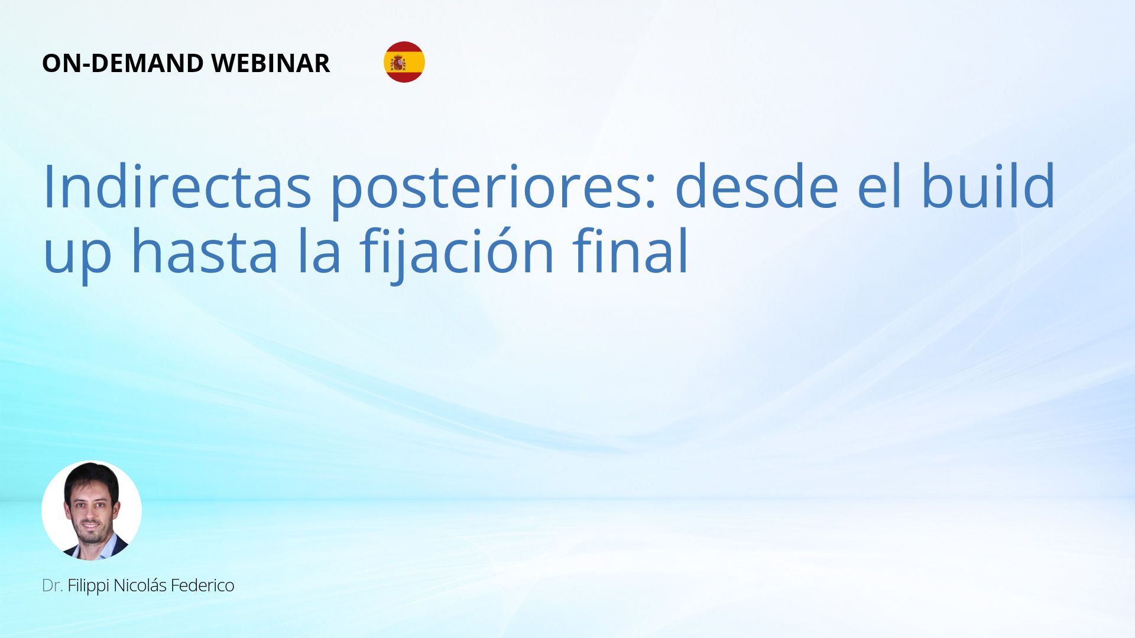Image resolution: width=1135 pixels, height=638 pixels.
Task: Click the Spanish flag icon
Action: pos(404,62)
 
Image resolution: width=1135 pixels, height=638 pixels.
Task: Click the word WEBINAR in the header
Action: pos(270,63)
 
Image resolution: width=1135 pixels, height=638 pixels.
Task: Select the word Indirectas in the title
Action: pos(177,187)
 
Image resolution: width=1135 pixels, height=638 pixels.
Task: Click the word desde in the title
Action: pos(757,187)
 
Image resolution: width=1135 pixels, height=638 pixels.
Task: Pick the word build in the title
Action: pos(988,185)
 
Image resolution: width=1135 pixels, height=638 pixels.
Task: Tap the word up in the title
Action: pos(77,256)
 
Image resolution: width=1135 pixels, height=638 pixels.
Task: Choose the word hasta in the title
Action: pos(205,250)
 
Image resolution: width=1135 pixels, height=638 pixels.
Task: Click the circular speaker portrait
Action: pos(92,510)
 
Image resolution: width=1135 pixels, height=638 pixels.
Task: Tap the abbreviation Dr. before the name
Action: pos(53,585)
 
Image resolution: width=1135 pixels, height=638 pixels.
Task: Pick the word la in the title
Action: pos(319,250)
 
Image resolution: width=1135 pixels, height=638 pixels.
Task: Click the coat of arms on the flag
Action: pos(398,63)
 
